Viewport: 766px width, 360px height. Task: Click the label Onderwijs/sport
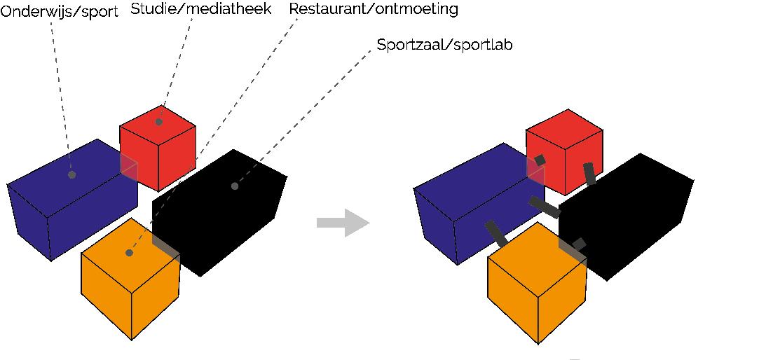point(59,12)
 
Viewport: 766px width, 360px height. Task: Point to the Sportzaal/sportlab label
point(445,46)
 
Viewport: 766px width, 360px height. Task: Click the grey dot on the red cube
point(159,122)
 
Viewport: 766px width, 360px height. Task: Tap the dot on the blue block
point(71,174)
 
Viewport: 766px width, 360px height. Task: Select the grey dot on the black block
point(235,186)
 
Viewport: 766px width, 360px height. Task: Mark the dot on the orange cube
point(129,253)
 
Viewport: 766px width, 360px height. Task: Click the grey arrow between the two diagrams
point(343,223)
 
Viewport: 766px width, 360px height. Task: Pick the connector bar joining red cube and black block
point(589,173)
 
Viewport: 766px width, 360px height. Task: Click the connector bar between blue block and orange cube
point(496,234)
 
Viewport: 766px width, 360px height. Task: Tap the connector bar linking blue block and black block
point(544,207)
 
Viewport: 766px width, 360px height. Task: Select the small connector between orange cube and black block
point(579,244)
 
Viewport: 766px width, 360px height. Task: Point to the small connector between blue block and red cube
point(540,160)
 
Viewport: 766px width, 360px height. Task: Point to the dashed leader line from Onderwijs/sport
point(61,91)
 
